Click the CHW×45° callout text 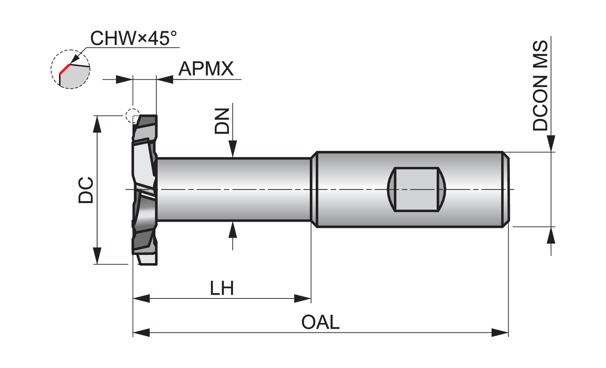click(133, 38)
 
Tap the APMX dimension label click(206, 69)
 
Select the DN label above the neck click(222, 121)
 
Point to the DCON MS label click(540, 86)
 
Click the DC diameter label click(86, 190)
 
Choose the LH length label click(222, 288)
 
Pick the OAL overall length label click(320, 322)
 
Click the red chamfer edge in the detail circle click(65, 69)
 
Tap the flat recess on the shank click(417, 189)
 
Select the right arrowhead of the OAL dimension click(500, 332)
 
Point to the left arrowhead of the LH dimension click(141, 298)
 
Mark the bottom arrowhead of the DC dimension click(97, 256)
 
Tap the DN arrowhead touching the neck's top click(233, 149)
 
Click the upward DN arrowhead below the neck click(233, 230)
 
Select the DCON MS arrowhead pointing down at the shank click(551, 144)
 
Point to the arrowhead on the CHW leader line click(76, 59)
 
